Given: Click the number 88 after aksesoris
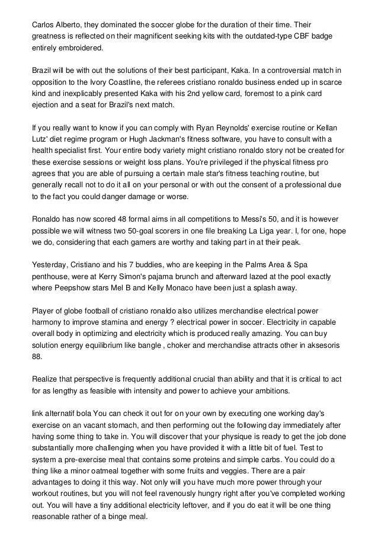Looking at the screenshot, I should tap(37, 345).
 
